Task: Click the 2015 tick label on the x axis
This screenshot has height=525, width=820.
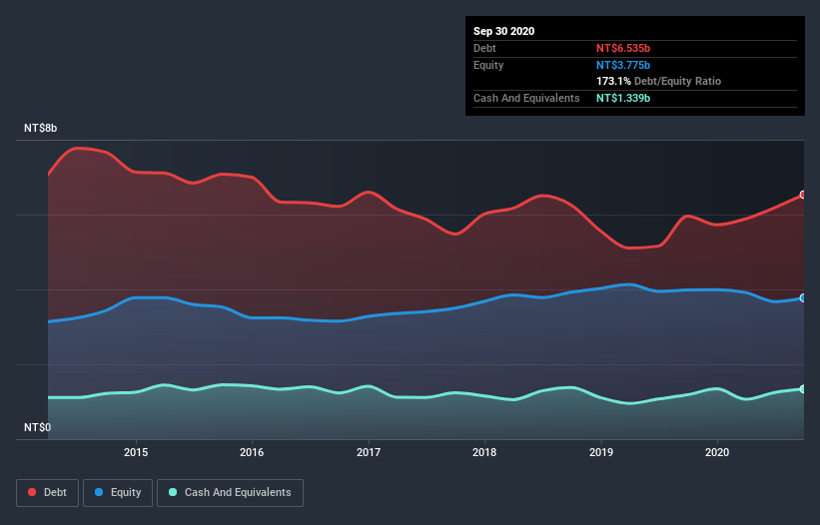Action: click(136, 452)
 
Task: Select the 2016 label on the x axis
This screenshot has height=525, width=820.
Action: click(253, 452)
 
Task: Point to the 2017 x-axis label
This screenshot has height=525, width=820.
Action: click(369, 452)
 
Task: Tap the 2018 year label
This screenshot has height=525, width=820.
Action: click(484, 452)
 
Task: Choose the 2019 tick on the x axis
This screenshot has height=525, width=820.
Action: click(601, 452)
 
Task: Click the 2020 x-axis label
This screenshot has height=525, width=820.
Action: click(717, 452)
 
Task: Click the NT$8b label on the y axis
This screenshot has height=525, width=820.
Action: click(41, 129)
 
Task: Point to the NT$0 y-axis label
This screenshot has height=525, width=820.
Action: click(37, 427)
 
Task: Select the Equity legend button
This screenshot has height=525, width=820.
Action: click(118, 492)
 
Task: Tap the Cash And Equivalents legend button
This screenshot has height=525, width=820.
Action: click(230, 492)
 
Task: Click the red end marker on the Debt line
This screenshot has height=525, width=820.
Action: click(803, 195)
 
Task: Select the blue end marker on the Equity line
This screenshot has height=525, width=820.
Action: click(803, 298)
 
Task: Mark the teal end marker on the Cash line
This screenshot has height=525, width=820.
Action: click(803, 389)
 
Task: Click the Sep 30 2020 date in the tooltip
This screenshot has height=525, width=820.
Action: click(504, 31)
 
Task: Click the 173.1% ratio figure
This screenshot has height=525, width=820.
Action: click(614, 81)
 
